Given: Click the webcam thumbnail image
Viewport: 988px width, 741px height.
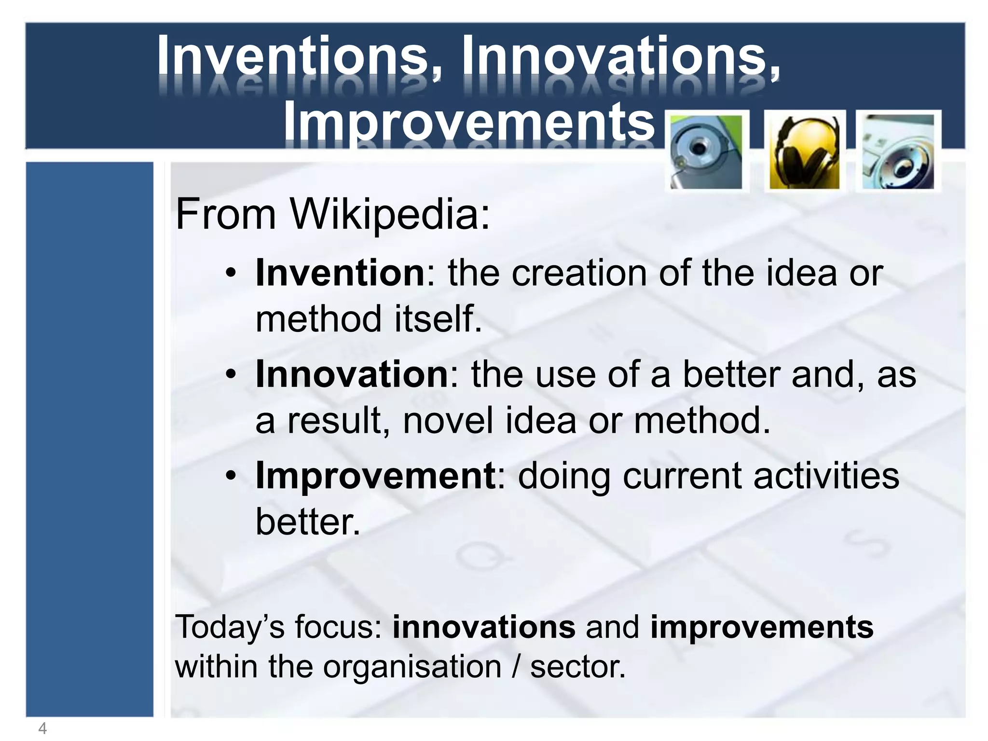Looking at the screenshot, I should [707, 152].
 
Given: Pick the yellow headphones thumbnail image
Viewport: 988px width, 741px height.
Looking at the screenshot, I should [804, 152].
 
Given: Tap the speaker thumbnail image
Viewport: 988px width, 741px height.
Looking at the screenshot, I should [899, 152].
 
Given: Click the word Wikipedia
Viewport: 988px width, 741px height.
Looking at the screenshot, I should [390, 214].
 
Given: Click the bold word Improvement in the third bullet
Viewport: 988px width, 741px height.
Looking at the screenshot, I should [375, 476].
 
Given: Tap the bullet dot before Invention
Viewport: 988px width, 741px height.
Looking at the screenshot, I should [231, 274].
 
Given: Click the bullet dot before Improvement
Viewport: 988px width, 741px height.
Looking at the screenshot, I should [231, 476].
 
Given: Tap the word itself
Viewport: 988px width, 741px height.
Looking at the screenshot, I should [438, 319].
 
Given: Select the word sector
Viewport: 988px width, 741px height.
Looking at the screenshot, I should [577, 667].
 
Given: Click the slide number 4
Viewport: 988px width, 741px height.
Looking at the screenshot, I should [42, 728].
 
